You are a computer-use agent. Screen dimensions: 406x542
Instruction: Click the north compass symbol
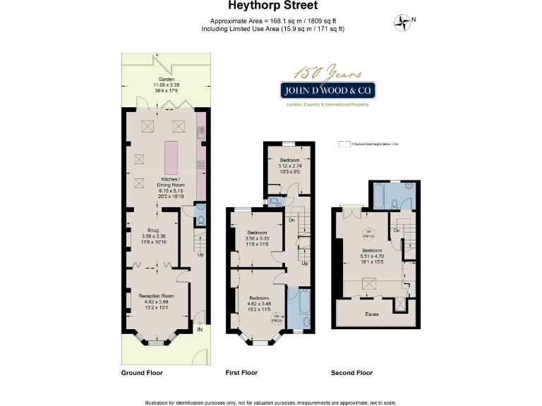point(404,23)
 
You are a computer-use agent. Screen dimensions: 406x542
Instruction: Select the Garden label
point(166,80)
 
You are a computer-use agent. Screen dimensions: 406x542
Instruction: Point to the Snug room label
point(152,230)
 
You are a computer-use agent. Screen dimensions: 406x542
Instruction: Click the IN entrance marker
point(200,328)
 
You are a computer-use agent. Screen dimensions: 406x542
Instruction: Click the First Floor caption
point(241,373)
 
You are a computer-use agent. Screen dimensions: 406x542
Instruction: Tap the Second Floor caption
point(351,373)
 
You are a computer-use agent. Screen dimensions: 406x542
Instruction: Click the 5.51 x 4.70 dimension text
point(372,255)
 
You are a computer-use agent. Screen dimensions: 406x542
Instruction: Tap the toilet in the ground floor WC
point(199,220)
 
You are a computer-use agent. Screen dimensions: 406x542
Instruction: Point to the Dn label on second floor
point(397,230)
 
